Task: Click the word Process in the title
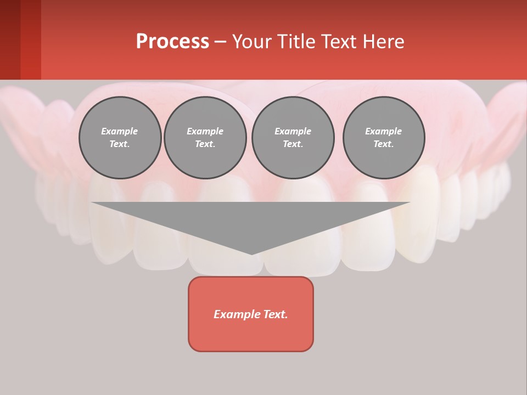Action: coord(172,42)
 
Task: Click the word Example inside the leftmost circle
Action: coord(120,131)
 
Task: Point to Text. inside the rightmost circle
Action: coord(384,144)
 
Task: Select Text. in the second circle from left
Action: coord(205,144)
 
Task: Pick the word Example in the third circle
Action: coord(293,131)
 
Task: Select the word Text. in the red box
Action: coord(273,314)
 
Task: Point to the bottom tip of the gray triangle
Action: coord(251,253)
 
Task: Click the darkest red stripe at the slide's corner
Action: coord(10,39)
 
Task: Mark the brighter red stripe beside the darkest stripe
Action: coord(31,39)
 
